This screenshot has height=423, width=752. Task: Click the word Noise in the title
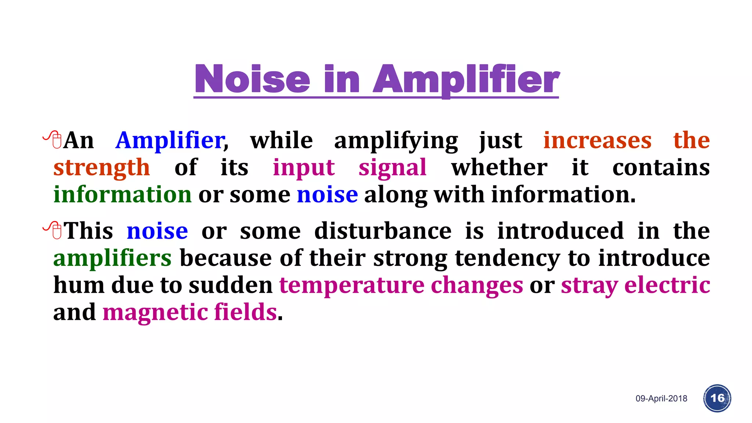[253, 79]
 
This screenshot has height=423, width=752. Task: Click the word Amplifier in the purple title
[466, 79]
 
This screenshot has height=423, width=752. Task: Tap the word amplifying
[396, 141]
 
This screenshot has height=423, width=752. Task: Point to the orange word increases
[597, 140]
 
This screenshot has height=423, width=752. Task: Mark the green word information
[123, 194]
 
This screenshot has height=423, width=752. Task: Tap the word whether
[499, 167]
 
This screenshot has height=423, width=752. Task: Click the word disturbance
[383, 231]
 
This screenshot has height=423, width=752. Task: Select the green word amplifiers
[112, 258]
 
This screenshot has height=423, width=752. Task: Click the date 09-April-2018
[661, 398]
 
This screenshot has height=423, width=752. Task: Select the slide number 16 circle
[717, 398]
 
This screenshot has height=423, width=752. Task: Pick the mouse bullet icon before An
[53, 140]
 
